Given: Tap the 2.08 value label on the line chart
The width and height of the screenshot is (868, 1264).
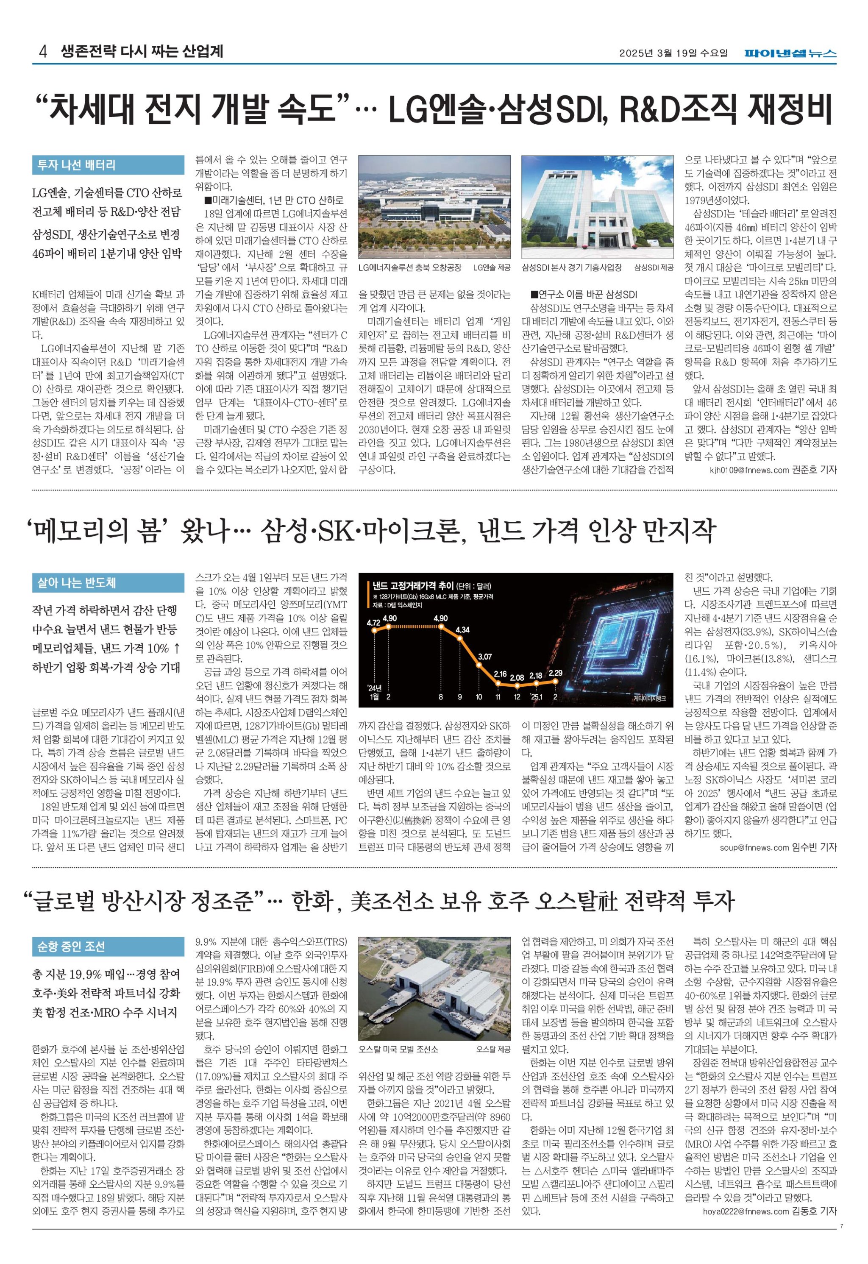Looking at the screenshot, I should (517, 678).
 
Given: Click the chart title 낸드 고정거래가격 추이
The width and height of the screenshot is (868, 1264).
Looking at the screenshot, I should (413, 586).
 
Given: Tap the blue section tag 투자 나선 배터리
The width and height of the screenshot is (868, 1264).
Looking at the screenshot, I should (76, 165).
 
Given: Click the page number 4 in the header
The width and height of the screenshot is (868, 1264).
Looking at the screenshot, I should (42, 53).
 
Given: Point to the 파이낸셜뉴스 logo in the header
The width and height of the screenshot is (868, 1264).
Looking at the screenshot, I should (790, 53).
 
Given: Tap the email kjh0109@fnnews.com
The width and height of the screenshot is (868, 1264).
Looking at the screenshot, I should (749, 470).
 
